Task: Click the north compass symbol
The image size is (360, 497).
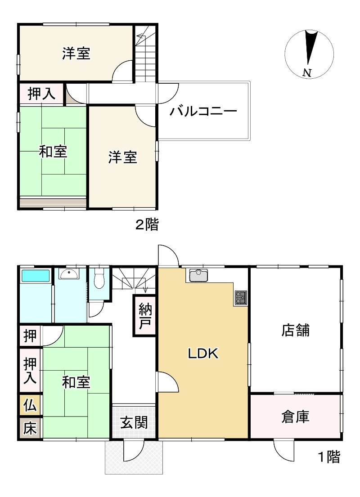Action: click(310, 53)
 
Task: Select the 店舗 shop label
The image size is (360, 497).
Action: click(296, 331)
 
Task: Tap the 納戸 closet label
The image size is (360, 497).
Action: click(144, 316)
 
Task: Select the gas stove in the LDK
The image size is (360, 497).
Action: click(240, 297)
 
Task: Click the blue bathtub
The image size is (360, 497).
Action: click(35, 275)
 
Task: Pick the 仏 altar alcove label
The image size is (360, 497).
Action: click(30, 406)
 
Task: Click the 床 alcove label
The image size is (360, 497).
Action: click(30, 428)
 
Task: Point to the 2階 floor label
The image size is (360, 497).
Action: click(147, 224)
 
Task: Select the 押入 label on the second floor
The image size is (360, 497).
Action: click(41, 94)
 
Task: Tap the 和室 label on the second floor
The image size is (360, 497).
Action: click(53, 152)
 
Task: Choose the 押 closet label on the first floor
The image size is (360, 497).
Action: click(30, 336)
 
